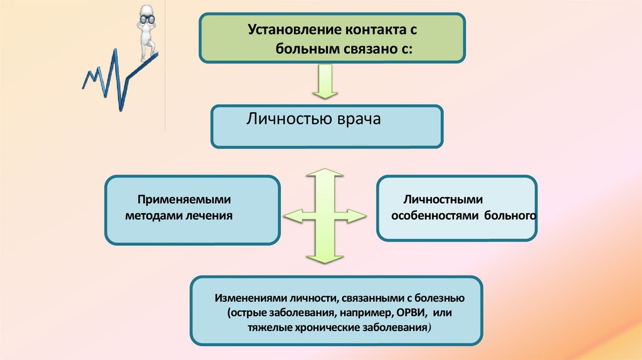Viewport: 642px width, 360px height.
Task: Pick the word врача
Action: pyautogui.click(x=355, y=119)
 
